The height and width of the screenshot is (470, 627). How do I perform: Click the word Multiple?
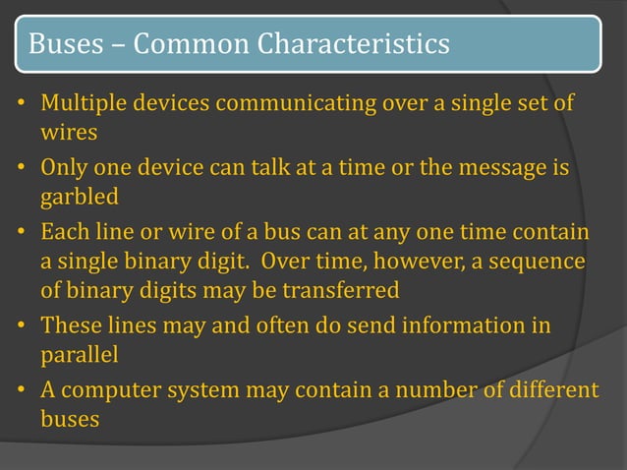coord(83,103)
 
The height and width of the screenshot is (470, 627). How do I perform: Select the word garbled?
coord(80,197)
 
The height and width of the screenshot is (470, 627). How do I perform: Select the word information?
coord(466,325)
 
